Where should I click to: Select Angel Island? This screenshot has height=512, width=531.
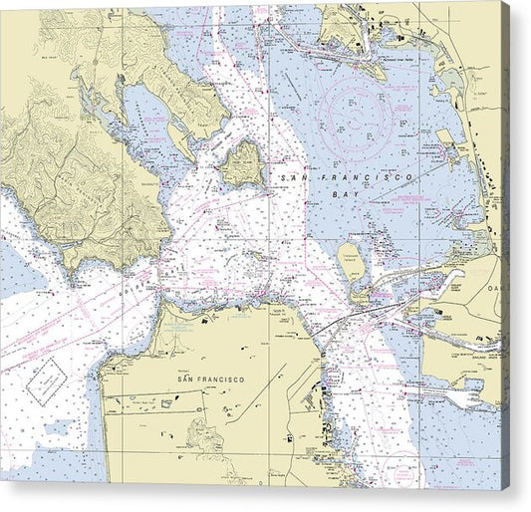click(241, 162)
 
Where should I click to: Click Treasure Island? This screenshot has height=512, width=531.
click(352, 258)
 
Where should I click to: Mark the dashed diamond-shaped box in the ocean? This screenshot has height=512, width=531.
click(46, 382)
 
